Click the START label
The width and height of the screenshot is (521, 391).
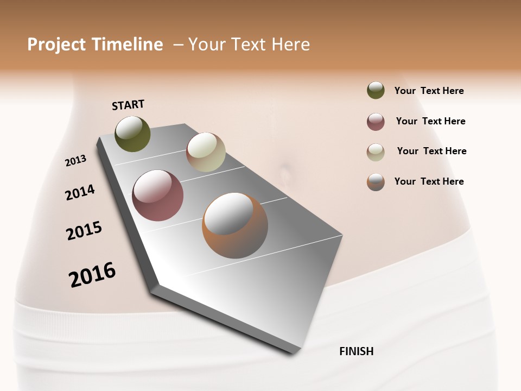point(128,105)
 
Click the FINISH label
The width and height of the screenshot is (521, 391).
point(356,351)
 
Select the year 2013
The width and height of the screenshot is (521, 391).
point(75,161)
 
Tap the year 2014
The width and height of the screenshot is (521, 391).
point(80,192)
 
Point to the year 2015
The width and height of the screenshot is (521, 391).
point(84,231)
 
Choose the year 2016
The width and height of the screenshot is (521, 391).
point(92,274)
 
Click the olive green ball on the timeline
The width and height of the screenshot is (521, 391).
point(132,134)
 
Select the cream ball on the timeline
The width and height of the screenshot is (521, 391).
point(206,152)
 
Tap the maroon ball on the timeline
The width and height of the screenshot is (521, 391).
point(157,195)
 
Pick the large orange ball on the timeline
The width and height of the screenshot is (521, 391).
point(235,225)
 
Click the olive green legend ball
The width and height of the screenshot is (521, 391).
point(376,91)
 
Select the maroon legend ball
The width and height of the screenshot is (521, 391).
point(376,122)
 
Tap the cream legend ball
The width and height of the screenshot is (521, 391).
point(376,152)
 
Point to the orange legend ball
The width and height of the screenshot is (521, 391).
point(376,182)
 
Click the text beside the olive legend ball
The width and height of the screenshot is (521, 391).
point(429,91)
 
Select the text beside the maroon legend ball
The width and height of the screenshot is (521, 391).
point(430,121)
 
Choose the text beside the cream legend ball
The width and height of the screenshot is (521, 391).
point(431,151)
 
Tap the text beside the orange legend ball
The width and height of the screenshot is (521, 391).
point(429,181)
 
